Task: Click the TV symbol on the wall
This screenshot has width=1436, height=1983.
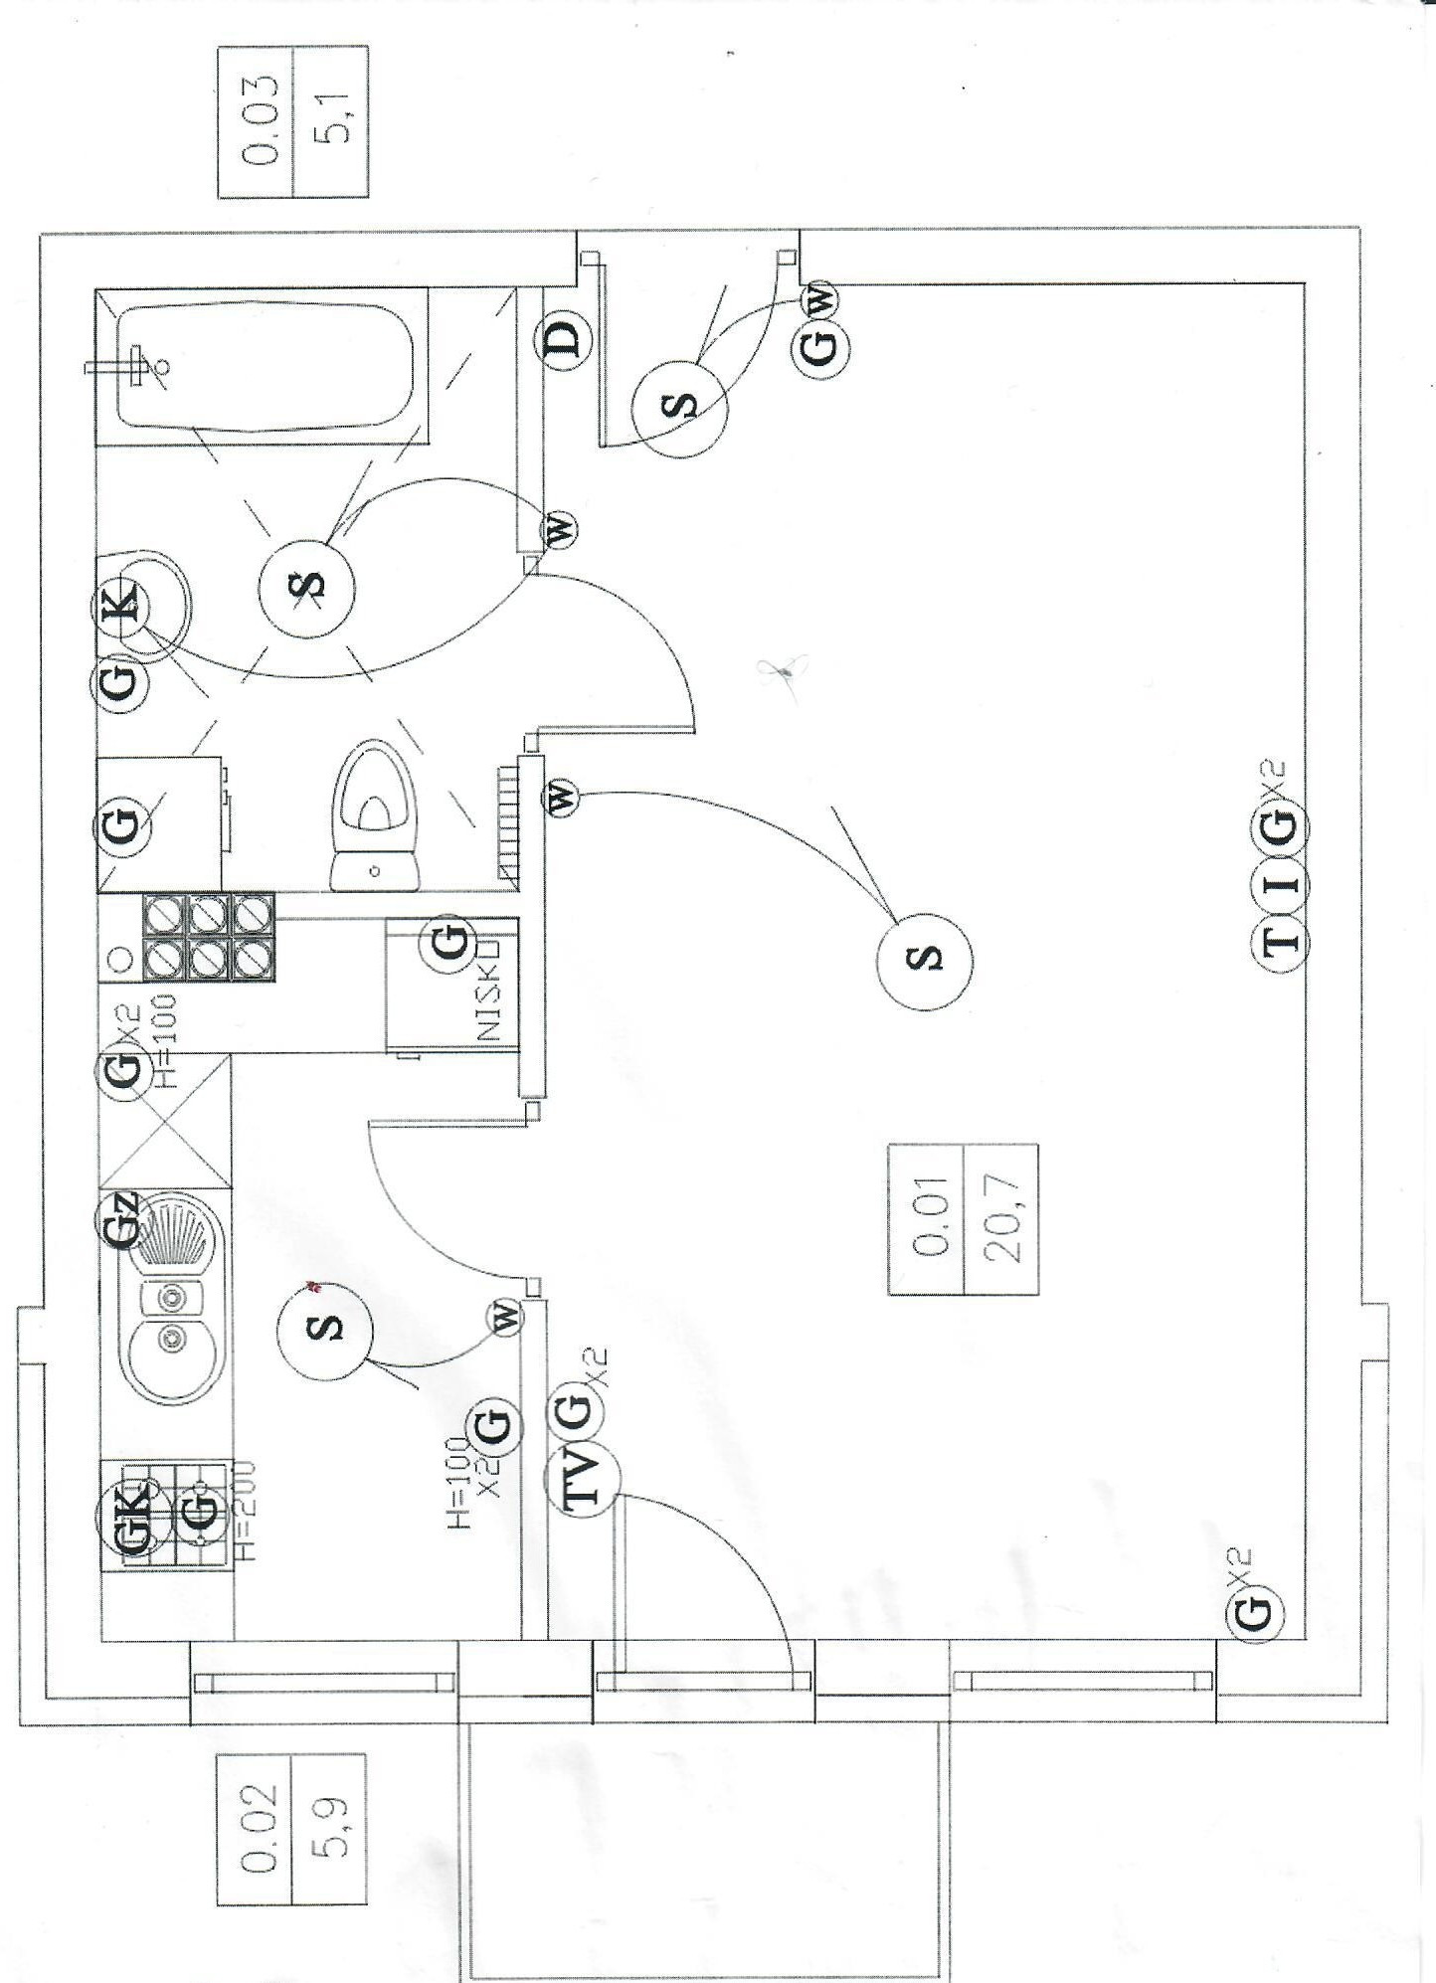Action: pos(582,1480)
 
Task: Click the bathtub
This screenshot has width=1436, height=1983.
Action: pos(264,366)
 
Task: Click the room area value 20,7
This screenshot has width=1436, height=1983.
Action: pos(1000,1219)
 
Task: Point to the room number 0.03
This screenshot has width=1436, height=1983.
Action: pos(258,121)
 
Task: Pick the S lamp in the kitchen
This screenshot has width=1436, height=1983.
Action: pos(324,1330)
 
